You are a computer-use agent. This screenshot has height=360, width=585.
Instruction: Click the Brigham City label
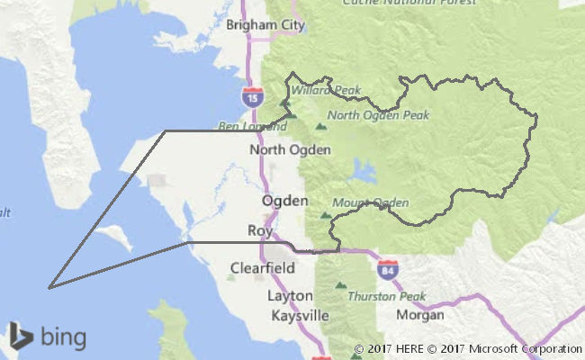pos(265,24)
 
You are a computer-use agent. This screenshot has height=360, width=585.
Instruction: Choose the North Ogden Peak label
pos(378,115)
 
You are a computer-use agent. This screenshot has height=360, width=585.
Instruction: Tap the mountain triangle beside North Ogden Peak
pos(320,115)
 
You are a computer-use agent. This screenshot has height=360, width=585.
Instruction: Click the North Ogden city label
pos(290,149)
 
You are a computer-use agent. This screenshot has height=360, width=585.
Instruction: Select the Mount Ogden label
pos(371,202)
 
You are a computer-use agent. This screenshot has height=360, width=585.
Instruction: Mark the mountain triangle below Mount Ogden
pos(325,216)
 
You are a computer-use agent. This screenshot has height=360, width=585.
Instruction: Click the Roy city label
pos(259,230)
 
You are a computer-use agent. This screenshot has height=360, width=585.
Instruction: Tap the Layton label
pos(290,295)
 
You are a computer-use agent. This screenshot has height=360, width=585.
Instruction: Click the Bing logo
pos(49,337)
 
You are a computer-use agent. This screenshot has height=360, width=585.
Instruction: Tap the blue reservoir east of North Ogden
pos(364,170)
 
